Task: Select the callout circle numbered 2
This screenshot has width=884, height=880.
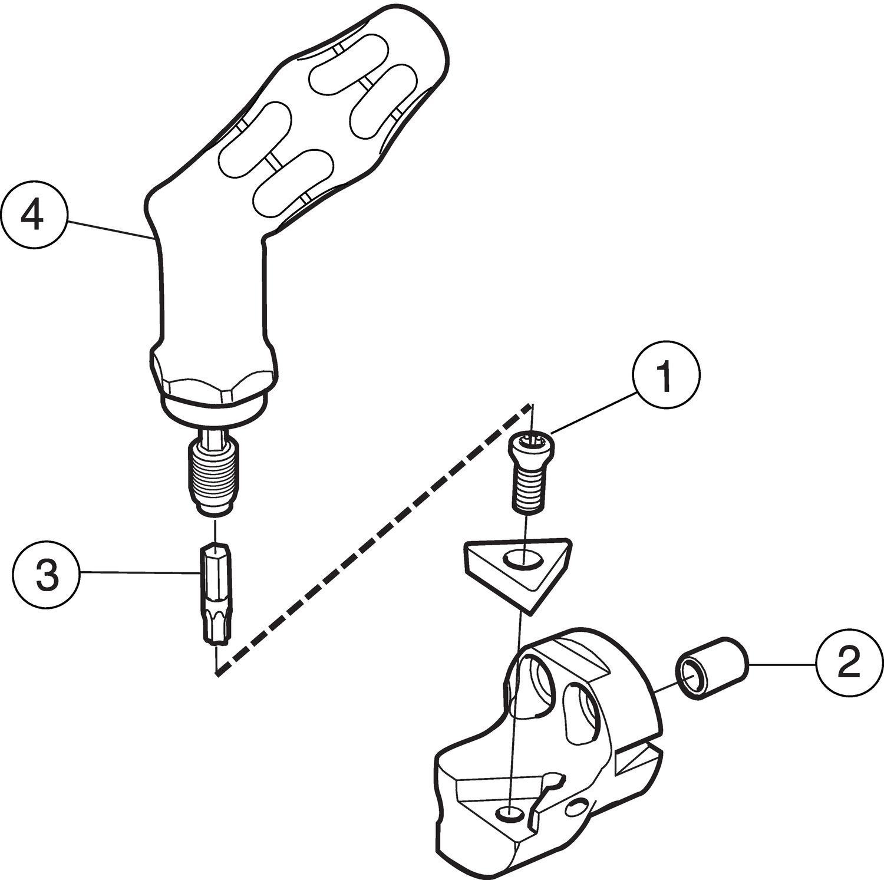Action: (849, 665)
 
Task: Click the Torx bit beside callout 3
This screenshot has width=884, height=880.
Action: (216, 592)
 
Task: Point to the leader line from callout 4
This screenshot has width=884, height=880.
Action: (106, 228)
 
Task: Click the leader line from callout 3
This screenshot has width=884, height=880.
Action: (138, 572)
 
